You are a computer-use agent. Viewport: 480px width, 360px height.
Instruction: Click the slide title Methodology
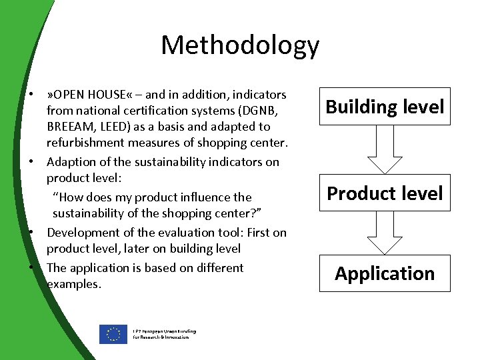[x=240, y=45]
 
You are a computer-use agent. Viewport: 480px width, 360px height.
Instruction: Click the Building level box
[x=385, y=107]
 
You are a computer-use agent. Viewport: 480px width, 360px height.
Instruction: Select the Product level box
[x=385, y=193]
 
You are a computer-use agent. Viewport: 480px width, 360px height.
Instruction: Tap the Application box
[x=385, y=273]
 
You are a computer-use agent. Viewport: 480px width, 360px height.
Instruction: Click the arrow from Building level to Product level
[x=385, y=149]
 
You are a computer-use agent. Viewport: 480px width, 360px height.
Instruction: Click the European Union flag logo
[x=113, y=334]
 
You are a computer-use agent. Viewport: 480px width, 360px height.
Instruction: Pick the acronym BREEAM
[x=71, y=126]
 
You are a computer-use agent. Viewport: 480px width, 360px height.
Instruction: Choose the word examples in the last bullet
[x=73, y=284]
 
